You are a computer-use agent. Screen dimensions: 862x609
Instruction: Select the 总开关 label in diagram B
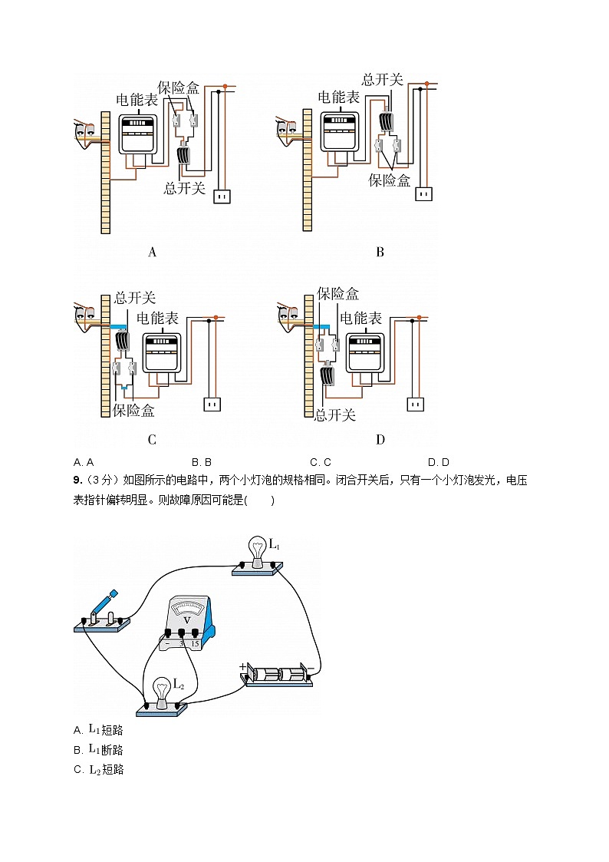coord(384,79)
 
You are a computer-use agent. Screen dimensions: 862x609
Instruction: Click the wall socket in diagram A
coord(222,197)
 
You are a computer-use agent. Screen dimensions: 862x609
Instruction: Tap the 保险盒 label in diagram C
coord(133,411)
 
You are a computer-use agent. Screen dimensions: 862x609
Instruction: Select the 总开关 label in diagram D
coord(335,415)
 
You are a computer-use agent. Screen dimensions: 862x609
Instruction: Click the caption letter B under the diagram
coord(380,252)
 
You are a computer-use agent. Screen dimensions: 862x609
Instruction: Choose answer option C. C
coord(320,462)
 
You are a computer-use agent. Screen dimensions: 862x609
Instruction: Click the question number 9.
coord(77,481)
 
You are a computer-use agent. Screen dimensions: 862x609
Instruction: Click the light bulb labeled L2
coord(162,692)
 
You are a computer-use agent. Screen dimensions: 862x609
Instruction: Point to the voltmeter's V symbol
coord(186,617)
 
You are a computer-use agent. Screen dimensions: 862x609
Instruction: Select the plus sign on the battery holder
coord(243,667)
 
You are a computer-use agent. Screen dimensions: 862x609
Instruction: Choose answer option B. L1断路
coord(98,750)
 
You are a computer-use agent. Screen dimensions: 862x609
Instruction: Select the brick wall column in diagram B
coord(308,170)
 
